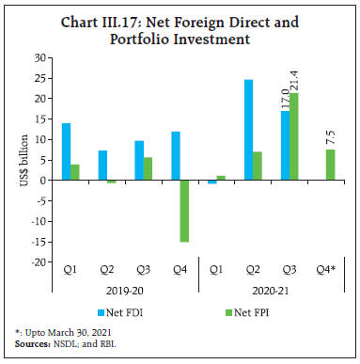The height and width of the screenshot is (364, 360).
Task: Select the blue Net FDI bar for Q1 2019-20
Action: coord(66,151)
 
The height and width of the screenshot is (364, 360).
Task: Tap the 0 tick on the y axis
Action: coord(43,181)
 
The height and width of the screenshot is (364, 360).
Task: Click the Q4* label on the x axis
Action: coord(330,271)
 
